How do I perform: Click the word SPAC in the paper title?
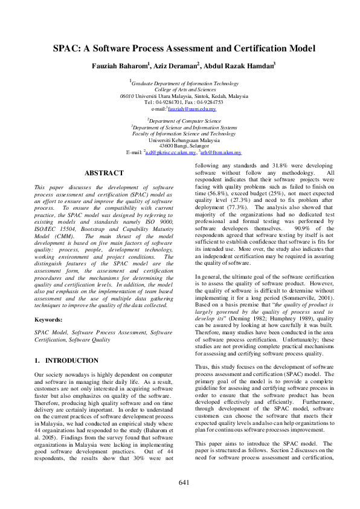(x=67, y=48)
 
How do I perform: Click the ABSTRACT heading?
(x=104, y=173)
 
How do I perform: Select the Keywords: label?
(x=49, y=319)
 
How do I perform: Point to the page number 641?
(x=184, y=482)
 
